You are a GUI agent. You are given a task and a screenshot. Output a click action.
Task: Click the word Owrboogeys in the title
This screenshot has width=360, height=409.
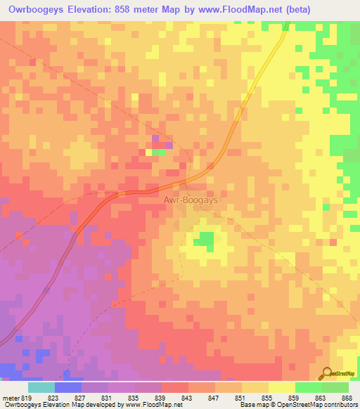(x=39, y=9)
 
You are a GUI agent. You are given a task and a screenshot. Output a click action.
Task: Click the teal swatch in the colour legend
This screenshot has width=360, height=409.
(x=41, y=387)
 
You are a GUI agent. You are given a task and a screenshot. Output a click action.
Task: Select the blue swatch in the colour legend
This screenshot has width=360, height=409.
(x=67, y=387)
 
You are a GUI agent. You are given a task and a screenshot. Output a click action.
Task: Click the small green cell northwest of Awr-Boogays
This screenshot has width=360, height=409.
(x=160, y=152)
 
